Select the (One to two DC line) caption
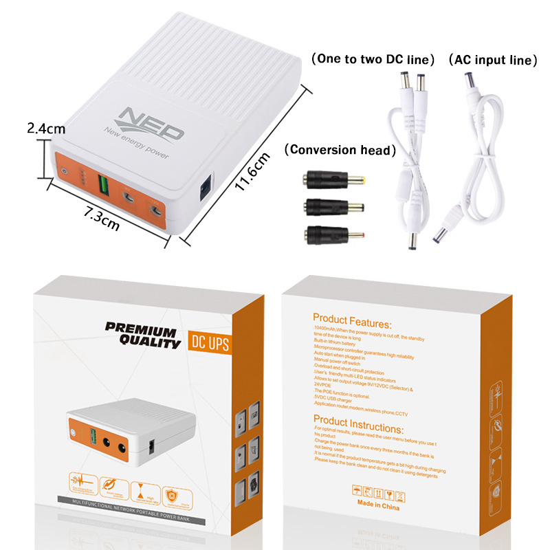click(x=373, y=60)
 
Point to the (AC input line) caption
click(x=492, y=60)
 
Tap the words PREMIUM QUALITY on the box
click(x=144, y=333)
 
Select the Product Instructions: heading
click(x=361, y=419)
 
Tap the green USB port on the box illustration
click(x=89, y=435)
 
